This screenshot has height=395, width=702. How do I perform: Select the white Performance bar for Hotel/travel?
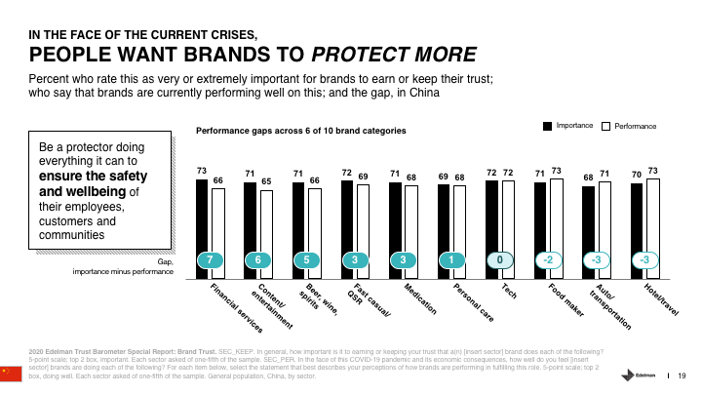tap(652, 219)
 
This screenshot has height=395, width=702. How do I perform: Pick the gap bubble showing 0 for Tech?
tap(499, 260)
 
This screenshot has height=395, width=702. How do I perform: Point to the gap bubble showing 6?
tap(257, 260)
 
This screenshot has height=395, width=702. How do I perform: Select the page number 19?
tap(682, 375)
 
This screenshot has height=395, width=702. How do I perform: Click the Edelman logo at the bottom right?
tap(639, 375)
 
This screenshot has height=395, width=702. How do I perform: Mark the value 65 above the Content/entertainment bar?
tap(266, 181)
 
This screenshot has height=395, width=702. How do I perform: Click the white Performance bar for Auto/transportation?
tap(604, 221)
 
